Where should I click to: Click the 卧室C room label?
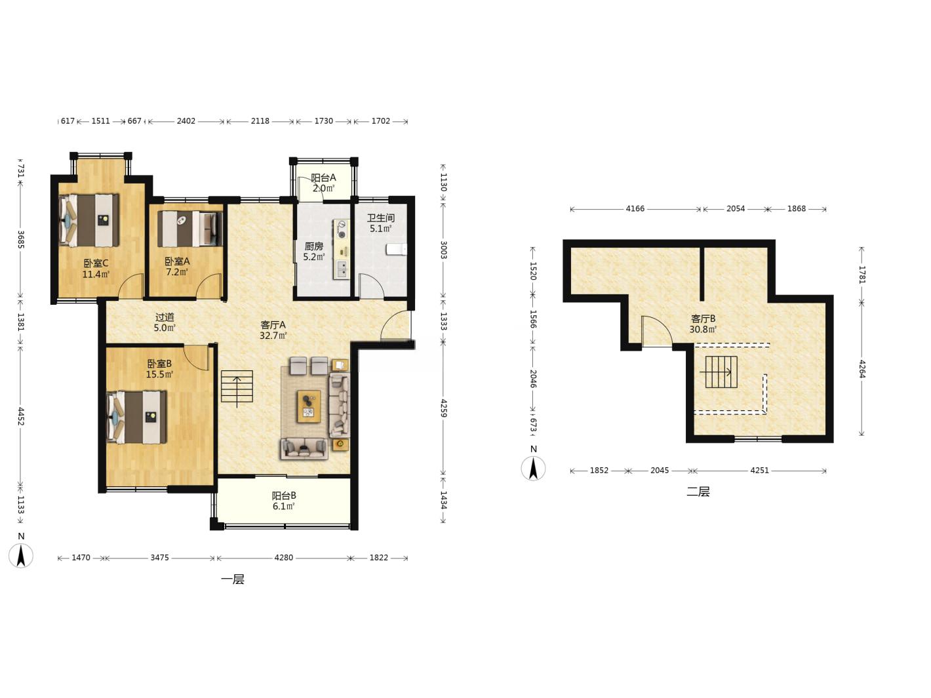point(96,269)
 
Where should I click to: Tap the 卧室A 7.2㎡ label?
point(177,267)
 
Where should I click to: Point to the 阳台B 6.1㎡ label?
point(284,501)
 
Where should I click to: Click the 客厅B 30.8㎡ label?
point(703,324)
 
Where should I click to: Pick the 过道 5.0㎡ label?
point(165,322)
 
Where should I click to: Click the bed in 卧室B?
point(137,417)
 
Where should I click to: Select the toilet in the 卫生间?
point(396,250)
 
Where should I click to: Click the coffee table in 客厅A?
point(309,406)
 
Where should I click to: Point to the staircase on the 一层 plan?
point(237,387)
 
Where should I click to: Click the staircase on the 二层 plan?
point(721,372)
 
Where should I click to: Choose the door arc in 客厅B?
point(657,332)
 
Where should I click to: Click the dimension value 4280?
point(284,558)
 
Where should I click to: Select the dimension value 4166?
point(635,208)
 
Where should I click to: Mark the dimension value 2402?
point(186,121)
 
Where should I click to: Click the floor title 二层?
point(698,492)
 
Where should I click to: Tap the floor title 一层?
point(233,579)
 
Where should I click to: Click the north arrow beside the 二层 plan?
point(533,469)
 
